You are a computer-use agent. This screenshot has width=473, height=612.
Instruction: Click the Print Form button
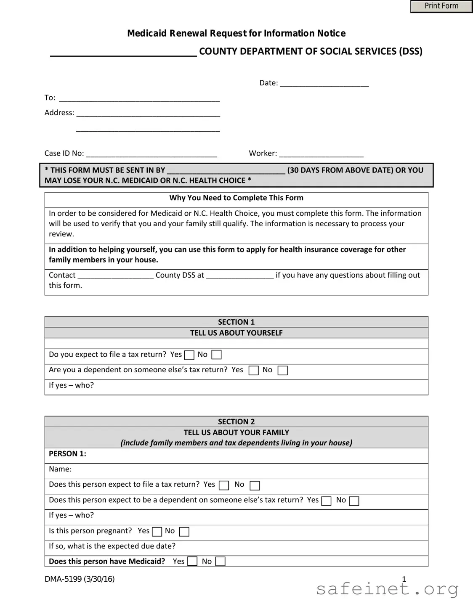tap(441, 6)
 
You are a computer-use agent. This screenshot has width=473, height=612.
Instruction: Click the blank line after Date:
tap(324, 83)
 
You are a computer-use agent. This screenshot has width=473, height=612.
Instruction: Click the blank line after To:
tap(139, 98)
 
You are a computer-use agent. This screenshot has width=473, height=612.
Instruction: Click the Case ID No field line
tap(151, 154)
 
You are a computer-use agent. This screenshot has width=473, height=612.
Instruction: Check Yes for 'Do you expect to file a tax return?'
tap(189, 355)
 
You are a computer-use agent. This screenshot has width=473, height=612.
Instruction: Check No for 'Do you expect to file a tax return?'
tap(216, 355)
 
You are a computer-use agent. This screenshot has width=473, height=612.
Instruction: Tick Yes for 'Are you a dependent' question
tap(253, 371)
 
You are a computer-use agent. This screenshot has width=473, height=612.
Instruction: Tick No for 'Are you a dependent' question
tap(283, 371)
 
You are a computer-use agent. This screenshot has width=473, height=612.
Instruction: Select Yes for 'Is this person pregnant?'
tap(157, 532)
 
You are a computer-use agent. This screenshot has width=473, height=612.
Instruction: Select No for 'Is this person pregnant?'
tap(184, 532)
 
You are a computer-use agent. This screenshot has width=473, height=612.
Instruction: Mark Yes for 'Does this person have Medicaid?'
tap(192, 562)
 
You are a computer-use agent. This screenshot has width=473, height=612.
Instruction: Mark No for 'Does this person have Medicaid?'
tap(220, 562)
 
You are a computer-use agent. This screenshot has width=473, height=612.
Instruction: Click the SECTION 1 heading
tap(236, 322)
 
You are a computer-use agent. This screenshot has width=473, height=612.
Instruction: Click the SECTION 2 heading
tap(236, 422)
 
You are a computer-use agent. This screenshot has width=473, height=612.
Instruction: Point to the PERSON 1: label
tap(67, 454)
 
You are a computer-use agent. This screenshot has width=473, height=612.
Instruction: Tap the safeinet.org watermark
tap(387, 589)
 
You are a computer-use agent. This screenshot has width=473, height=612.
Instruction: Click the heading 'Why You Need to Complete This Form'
tap(236, 198)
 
